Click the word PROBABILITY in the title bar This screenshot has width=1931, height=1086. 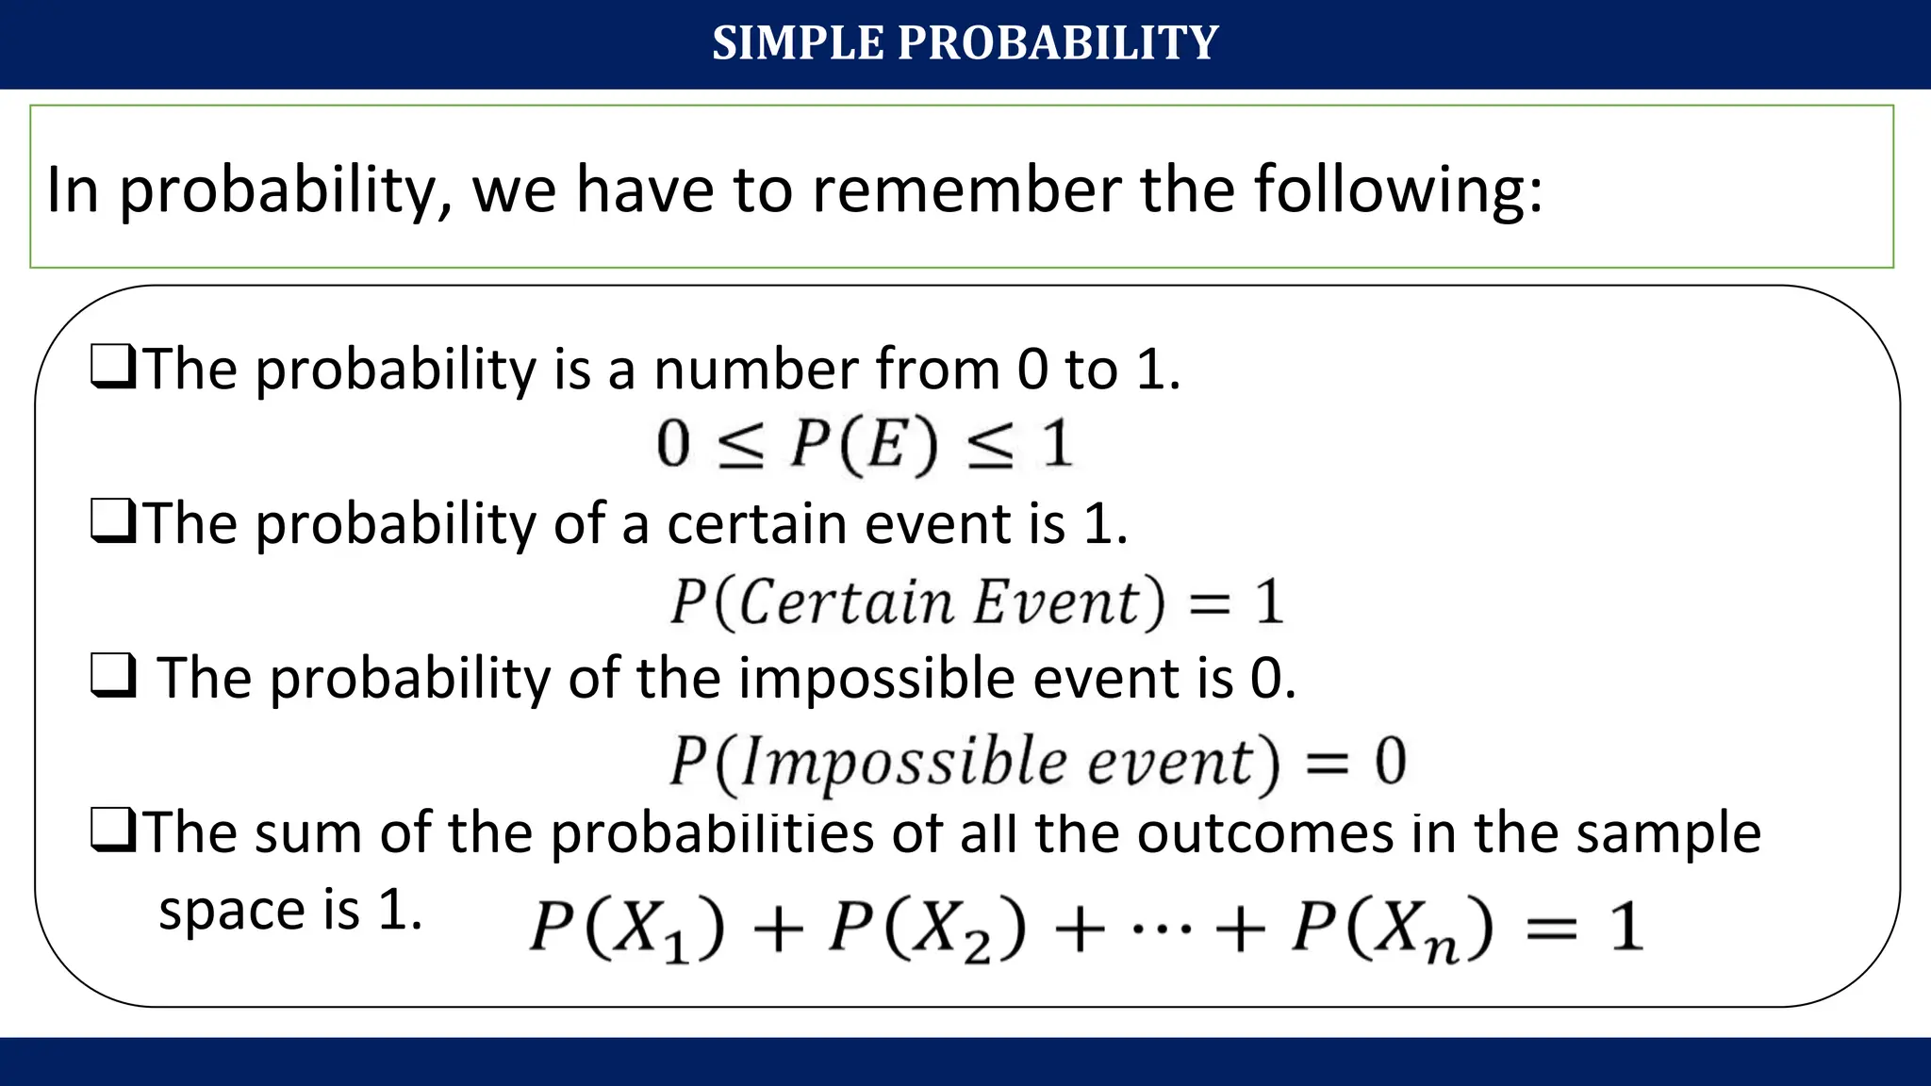[x=1058, y=43]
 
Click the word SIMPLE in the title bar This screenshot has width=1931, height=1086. [x=798, y=43]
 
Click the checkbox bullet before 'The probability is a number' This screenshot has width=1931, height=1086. [x=113, y=368]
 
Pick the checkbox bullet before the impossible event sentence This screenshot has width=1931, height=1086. [x=113, y=676]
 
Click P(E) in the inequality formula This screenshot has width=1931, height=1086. [x=864, y=444]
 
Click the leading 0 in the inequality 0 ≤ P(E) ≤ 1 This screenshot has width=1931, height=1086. [x=673, y=444]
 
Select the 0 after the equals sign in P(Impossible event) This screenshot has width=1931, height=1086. [x=1390, y=762]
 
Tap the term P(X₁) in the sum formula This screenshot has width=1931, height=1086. [x=627, y=928]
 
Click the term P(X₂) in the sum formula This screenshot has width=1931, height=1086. [x=927, y=928]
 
